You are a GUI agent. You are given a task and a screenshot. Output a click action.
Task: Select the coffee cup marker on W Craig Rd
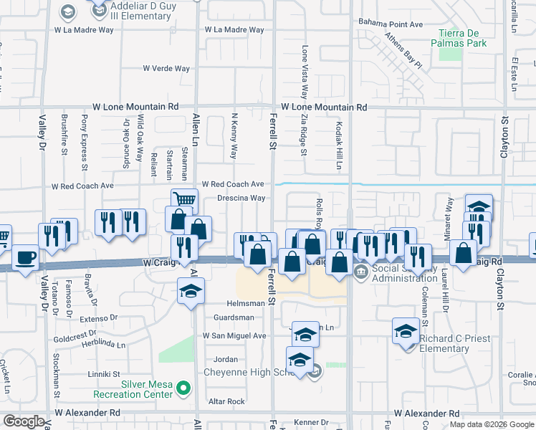[x=25, y=257]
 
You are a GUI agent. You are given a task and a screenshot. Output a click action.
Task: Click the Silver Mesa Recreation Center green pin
[x=184, y=389]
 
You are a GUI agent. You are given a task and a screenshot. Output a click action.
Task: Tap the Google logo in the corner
[x=24, y=421]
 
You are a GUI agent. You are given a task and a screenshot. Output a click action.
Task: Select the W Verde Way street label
[x=166, y=69]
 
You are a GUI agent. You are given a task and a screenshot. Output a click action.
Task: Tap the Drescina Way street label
[x=241, y=198]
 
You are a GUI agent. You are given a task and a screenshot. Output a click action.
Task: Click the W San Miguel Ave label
[x=234, y=335]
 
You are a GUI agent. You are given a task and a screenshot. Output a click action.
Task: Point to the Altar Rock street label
[x=226, y=401]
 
